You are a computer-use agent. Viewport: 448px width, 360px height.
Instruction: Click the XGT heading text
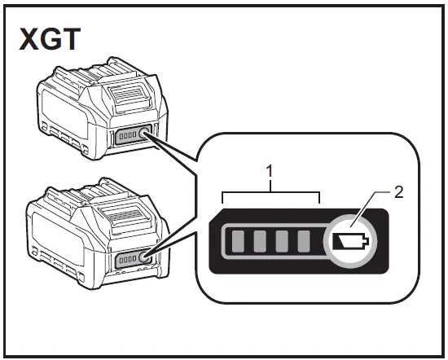click(x=50, y=39)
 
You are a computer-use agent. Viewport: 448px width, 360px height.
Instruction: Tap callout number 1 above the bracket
click(x=270, y=171)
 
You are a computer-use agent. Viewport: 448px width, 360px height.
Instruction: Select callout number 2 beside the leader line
click(x=398, y=192)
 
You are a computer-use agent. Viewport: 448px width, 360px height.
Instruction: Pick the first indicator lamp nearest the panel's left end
click(x=238, y=241)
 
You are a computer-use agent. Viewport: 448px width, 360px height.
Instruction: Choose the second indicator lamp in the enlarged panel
click(x=260, y=241)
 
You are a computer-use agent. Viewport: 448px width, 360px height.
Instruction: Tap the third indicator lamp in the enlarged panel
click(x=282, y=241)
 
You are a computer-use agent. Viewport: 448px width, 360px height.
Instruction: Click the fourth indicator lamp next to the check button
click(x=304, y=241)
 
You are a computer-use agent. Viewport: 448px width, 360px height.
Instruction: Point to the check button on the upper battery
click(x=143, y=133)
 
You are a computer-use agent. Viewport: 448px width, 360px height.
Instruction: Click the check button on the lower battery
click(x=144, y=257)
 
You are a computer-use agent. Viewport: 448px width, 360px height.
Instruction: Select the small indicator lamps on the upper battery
click(x=127, y=135)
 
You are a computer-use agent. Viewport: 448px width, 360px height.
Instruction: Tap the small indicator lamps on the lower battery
click(x=128, y=260)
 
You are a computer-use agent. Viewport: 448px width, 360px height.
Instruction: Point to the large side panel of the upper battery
click(x=66, y=112)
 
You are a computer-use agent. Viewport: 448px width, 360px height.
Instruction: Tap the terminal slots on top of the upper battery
click(x=94, y=72)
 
